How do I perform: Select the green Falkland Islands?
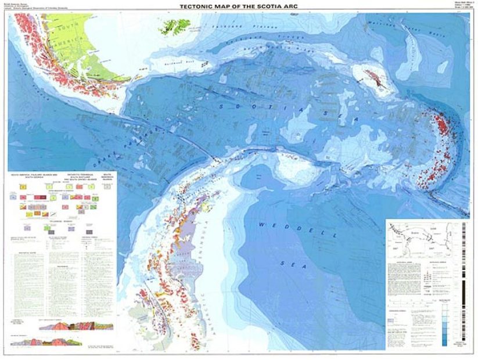pos(172,26)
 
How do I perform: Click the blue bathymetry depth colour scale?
pos(444,327)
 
